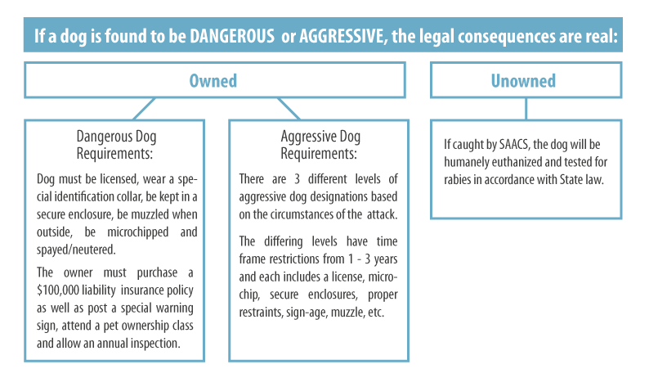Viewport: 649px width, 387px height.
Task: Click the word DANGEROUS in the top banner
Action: pos(232,36)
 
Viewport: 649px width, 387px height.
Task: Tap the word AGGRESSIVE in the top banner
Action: pos(342,36)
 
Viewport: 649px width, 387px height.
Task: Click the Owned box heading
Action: pos(213,81)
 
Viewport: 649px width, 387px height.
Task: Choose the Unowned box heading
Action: pos(523,81)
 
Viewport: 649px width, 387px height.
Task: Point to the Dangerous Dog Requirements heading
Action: pos(116,145)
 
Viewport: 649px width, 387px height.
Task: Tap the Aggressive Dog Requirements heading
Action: pos(320,145)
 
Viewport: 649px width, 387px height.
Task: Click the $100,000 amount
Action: pos(58,290)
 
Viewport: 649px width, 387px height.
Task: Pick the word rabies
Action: pos(458,179)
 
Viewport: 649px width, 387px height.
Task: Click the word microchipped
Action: pos(138,232)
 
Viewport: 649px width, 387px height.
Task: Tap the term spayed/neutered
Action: pos(76,250)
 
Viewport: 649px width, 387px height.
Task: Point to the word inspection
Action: pos(155,344)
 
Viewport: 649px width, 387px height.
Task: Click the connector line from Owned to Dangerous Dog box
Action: pos(144,109)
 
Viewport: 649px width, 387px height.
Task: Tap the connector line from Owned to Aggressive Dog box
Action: pos(289,109)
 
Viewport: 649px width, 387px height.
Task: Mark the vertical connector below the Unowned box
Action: pos(526,109)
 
